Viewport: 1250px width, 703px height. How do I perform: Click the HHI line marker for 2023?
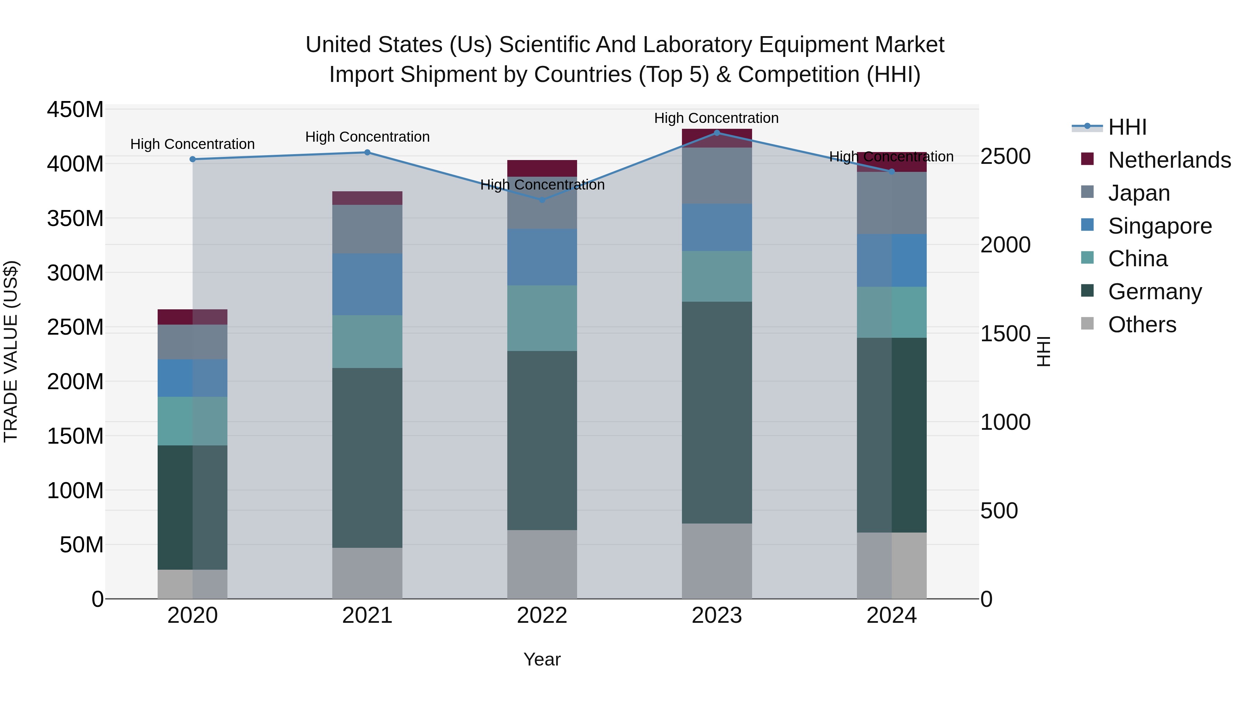[717, 133]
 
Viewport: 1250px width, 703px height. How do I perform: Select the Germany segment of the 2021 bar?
[367, 458]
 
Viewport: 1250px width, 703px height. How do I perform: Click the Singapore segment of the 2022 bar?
[542, 257]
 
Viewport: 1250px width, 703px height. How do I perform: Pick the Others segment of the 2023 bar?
[717, 561]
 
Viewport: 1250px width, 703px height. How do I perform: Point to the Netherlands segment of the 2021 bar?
[367, 198]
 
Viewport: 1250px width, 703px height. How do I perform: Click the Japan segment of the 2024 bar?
[891, 203]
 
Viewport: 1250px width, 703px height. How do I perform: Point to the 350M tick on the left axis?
[75, 218]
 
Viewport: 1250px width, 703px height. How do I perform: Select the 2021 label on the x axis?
[367, 616]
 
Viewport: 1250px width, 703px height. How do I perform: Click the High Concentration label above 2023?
[716, 118]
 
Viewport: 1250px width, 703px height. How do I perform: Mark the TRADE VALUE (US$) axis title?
[11, 351]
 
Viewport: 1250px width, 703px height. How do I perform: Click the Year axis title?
[542, 659]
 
